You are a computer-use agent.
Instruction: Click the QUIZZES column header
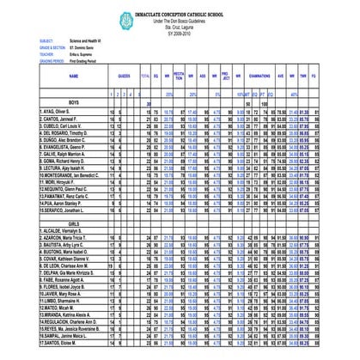[x=125, y=76]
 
